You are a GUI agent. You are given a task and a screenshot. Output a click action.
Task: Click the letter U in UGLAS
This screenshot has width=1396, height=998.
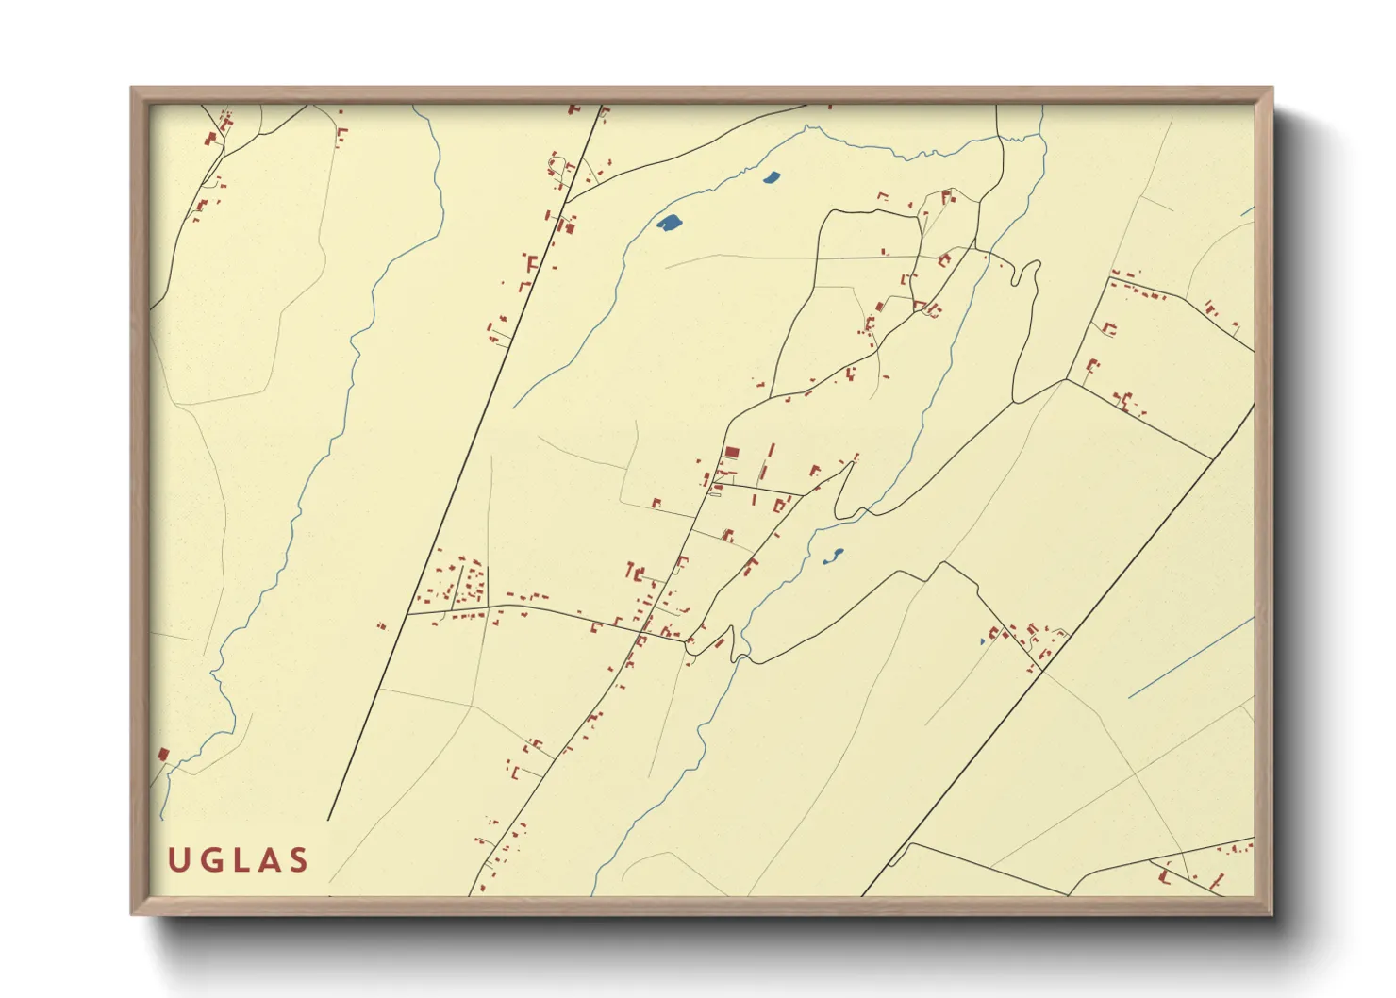(179, 860)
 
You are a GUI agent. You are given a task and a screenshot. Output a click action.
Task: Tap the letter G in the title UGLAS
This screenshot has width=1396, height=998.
(210, 860)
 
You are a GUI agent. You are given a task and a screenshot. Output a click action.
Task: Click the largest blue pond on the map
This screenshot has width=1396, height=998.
(670, 223)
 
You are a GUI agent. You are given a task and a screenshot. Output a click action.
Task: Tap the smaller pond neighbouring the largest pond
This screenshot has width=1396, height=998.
(771, 176)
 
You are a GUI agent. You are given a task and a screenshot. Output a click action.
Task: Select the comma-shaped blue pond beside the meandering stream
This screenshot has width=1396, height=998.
(833, 556)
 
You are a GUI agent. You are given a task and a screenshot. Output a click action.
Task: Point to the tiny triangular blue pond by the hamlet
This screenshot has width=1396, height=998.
(982, 641)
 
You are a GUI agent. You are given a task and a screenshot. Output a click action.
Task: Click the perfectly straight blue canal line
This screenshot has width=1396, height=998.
(1190, 658)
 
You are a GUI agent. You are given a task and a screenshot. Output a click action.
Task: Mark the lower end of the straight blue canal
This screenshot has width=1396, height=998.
(1130, 698)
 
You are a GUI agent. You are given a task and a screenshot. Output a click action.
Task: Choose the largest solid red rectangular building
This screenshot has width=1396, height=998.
(732, 454)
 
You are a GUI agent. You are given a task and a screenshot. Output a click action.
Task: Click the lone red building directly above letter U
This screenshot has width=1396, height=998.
(163, 755)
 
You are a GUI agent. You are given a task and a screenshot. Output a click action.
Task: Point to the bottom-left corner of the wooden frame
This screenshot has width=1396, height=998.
(133, 912)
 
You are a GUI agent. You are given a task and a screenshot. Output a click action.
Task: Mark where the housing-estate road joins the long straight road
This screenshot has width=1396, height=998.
(407, 614)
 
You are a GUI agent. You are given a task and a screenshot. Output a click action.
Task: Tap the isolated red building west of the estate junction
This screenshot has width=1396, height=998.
(382, 624)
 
